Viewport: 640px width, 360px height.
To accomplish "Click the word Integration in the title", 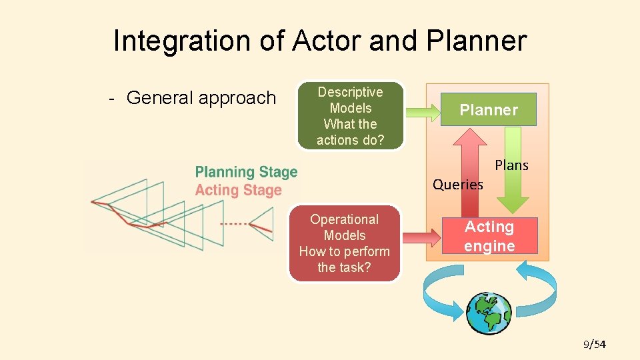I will (x=173, y=41).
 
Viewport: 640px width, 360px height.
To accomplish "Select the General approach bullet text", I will (x=200, y=98).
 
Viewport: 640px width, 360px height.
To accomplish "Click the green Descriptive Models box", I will (x=350, y=116).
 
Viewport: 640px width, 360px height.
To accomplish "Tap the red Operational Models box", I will (x=345, y=243).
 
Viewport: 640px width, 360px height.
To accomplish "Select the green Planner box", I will (x=489, y=110).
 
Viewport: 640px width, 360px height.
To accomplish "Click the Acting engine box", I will (x=489, y=237).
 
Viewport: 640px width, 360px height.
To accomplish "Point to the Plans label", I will (x=511, y=165).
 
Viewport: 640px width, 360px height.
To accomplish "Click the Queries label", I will (x=457, y=185).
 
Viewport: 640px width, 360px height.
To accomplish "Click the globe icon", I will (x=489, y=313).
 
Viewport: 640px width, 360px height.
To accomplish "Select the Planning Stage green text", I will (x=246, y=173).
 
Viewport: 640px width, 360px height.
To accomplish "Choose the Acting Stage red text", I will (x=238, y=191).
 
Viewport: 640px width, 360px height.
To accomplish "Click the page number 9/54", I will (x=594, y=344).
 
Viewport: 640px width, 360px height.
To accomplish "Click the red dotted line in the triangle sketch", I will (x=234, y=224).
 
